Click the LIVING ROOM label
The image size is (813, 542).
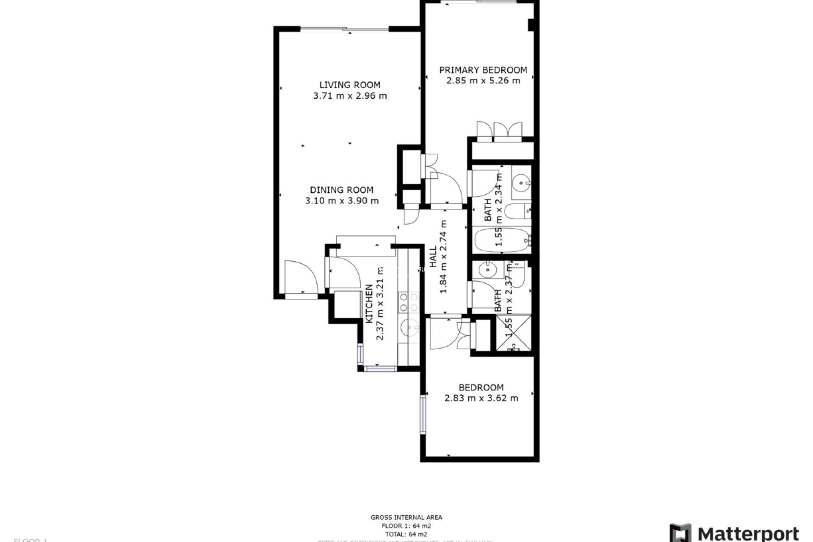(x=350, y=85)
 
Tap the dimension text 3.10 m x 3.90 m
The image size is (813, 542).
(x=342, y=201)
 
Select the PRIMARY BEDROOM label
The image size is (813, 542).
(x=483, y=70)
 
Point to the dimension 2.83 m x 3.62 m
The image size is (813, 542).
(x=481, y=398)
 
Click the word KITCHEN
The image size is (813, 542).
(x=369, y=304)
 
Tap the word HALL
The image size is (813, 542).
(x=433, y=257)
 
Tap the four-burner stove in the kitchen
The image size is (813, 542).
(x=409, y=302)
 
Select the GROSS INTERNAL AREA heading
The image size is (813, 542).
(x=406, y=517)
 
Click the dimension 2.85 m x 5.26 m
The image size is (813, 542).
(x=483, y=80)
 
